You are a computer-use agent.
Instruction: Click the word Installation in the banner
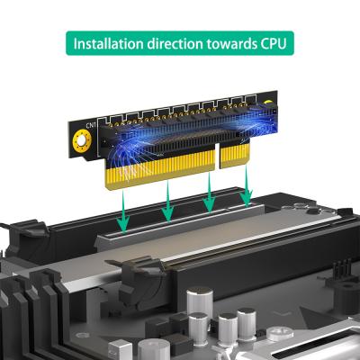pyautogui.click(x=108, y=43)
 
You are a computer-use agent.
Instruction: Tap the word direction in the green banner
pyautogui.click(x=175, y=43)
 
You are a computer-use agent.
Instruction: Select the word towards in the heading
pyautogui.click(x=230, y=44)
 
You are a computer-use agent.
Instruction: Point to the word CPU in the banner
pyautogui.click(x=273, y=44)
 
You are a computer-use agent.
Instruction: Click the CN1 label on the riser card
pyautogui.click(x=91, y=125)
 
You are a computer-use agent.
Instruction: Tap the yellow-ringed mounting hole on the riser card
pyautogui.click(x=82, y=140)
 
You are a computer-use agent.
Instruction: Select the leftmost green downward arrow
pyautogui.click(x=123, y=211)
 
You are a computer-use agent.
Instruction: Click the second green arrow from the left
pyautogui.click(x=167, y=200)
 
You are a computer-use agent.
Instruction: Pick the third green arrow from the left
pyautogui.click(x=210, y=192)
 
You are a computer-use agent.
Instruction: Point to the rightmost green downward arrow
pyautogui.click(x=247, y=185)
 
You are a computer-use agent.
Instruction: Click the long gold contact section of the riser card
pyautogui.click(x=160, y=168)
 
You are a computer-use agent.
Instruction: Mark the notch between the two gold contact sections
pyautogui.click(x=218, y=156)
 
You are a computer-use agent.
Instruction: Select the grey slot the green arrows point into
pyautogui.click(x=180, y=222)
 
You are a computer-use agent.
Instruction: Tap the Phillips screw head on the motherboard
pyautogui.click(x=281, y=332)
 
